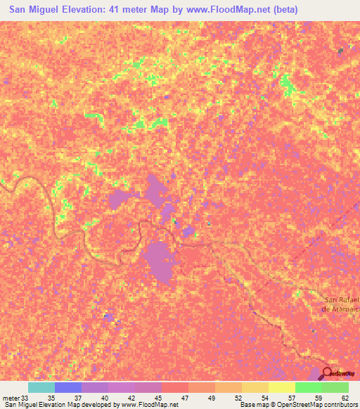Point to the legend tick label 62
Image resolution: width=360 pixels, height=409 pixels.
(345, 397)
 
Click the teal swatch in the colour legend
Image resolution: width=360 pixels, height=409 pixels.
(41, 387)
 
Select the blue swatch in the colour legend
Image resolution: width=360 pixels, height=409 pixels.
(67, 387)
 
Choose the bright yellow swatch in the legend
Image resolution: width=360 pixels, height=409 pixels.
(281, 387)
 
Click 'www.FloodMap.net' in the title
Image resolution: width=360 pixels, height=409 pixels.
(231, 10)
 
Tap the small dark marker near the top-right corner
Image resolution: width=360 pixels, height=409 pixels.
(341, 50)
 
